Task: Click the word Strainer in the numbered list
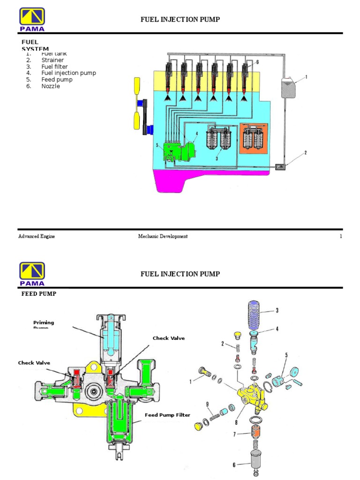(x=52, y=60)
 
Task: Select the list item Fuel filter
(x=54, y=67)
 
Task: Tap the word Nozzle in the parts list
(x=51, y=86)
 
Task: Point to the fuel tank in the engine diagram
(x=288, y=87)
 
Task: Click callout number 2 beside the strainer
(x=305, y=153)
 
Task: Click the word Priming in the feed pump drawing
(x=44, y=322)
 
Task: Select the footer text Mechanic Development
(x=163, y=237)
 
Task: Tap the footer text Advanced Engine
(x=37, y=237)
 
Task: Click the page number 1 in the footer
(x=341, y=237)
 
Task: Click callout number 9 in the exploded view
(x=206, y=404)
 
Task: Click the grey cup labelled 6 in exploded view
(x=256, y=463)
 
